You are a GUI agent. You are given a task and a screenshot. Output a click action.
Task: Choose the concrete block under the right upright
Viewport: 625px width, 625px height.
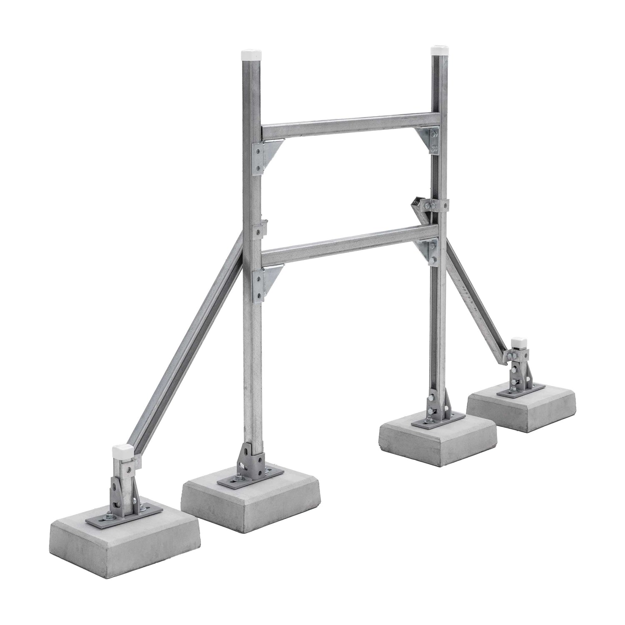point(437,437)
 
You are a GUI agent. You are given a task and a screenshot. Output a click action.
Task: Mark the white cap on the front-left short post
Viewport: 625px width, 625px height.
point(122,452)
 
